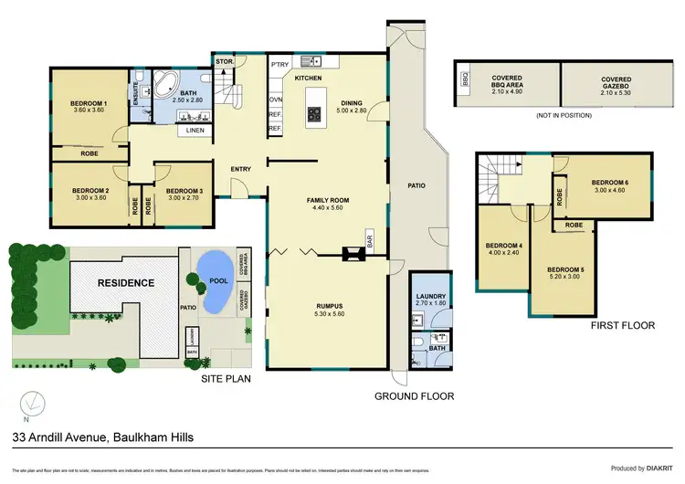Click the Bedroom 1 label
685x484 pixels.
90,104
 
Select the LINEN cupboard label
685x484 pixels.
195,131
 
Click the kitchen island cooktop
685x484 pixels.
314,115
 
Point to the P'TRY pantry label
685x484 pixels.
279,64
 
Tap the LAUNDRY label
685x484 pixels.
429,296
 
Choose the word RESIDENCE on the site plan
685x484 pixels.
126,283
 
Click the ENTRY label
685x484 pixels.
241,168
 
